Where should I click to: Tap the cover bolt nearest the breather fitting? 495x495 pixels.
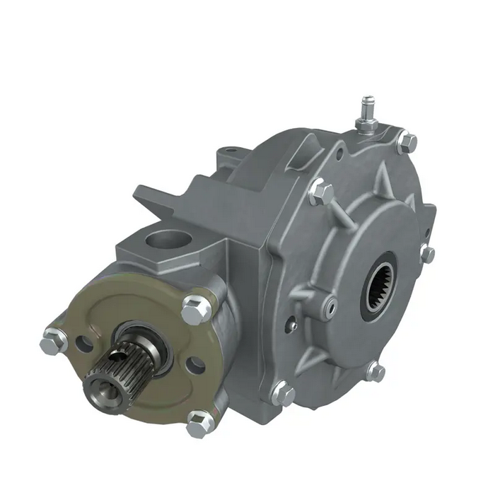tap(407, 142)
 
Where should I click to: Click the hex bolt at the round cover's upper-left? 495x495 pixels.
tap(320, 192)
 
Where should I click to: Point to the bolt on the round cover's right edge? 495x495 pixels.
tap(428, 254)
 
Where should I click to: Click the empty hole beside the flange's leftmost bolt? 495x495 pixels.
tap(83, 344)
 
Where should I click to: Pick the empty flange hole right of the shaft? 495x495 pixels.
tap(195, 366)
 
